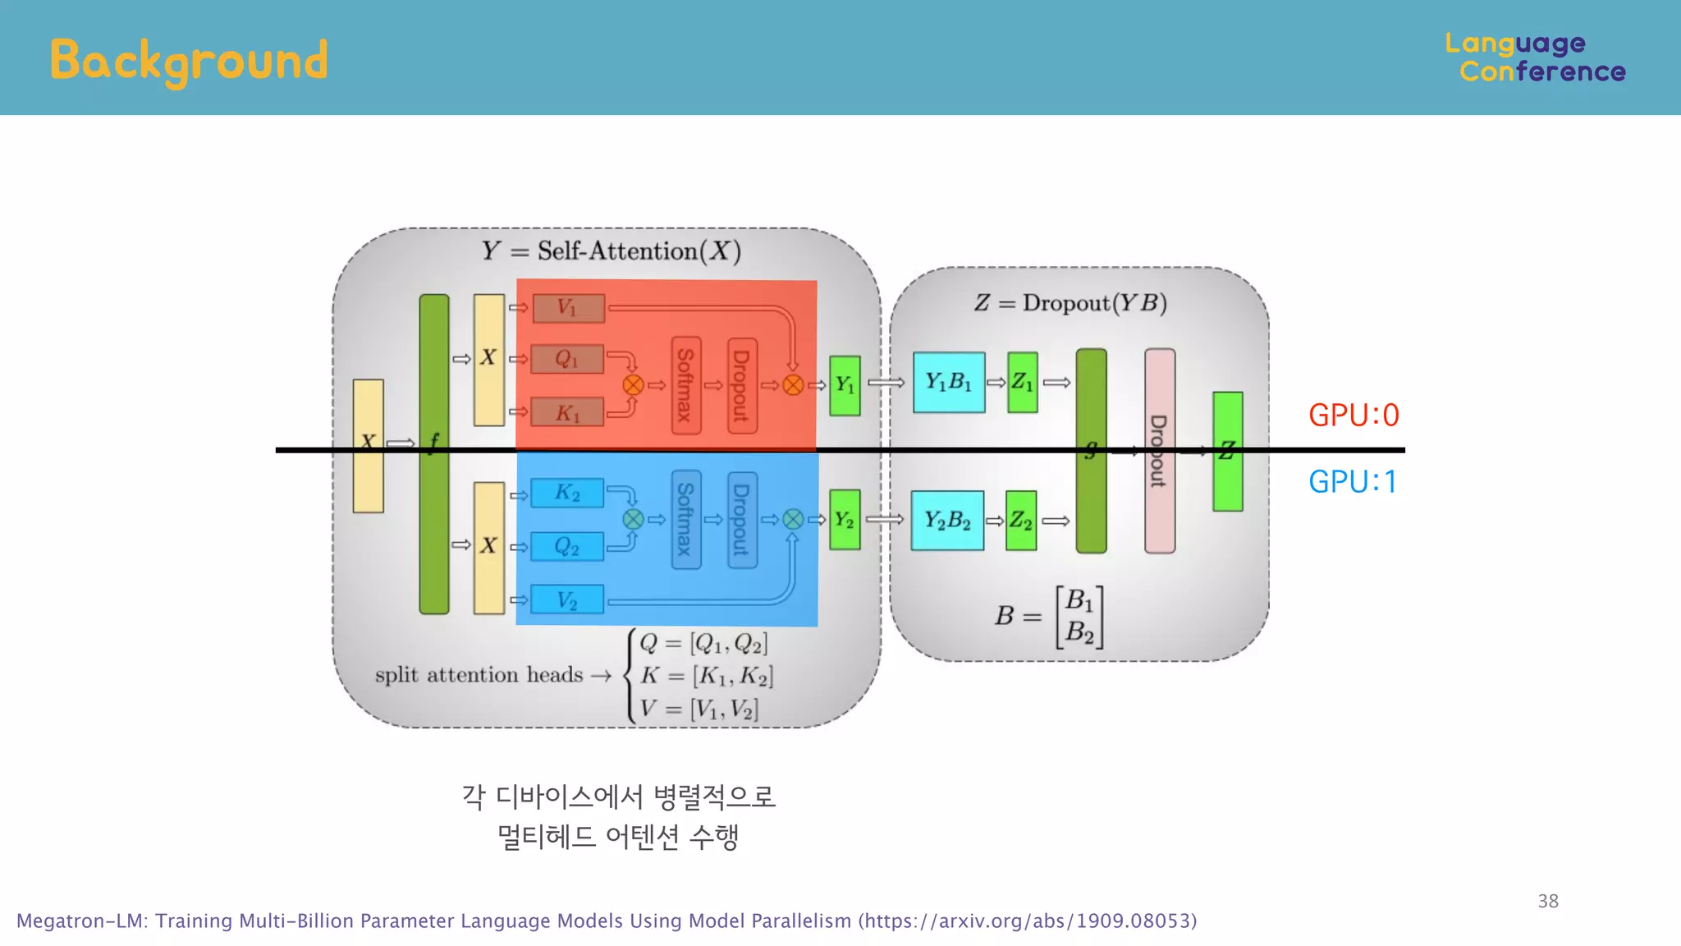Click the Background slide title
[189, 61]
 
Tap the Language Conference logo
[1535, 57]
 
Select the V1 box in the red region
[568, 309]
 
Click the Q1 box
[567, 359]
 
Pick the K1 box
[567, 412]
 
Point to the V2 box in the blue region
[567, 600]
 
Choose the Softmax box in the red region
[685, 385]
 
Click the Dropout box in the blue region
[742, 520]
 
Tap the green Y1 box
[845, 385]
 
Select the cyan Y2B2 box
[947, 521]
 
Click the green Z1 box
[1022, 383]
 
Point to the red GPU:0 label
[1354, 416]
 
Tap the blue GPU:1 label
[1353, 482]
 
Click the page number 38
[1548, 901]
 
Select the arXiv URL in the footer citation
[1027, 921]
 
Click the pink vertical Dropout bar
[1159, 493]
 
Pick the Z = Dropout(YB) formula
[1070, 303]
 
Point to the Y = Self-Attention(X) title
[611, 250]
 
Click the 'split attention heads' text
[479, 675]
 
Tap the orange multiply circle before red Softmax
[633, 385]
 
